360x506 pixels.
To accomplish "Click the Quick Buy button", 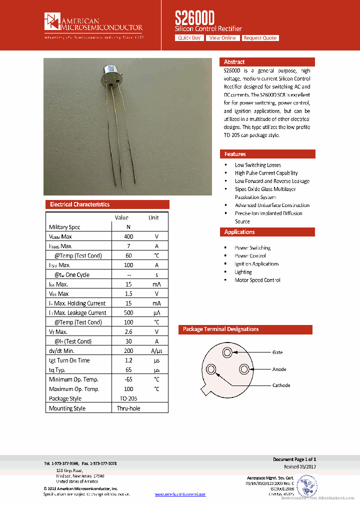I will click(189, 38).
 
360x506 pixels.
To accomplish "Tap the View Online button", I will click(222, 38).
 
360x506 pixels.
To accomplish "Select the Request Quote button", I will click(260, 38).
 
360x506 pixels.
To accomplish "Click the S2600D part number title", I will click(195, 18).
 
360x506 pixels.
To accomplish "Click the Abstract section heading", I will click(234, 62).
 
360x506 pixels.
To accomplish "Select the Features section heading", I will click(235, 154).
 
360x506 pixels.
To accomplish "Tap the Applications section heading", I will click(239, 232).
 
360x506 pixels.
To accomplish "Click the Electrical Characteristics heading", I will click(79, 204).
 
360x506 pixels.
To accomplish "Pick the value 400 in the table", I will click(128, 236).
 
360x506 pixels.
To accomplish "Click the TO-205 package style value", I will click(128, 398).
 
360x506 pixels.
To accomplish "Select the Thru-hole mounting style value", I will click(128, 408).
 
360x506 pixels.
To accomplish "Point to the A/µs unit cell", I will click(156, 351).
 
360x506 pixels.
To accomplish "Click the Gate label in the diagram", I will click(277, 352).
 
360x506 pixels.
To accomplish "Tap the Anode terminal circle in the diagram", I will click(244, 369).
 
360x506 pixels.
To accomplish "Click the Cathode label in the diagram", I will click(281, 385).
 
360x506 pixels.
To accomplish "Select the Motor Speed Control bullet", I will click(257, 280).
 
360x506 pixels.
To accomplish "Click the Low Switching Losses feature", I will click(258, 165).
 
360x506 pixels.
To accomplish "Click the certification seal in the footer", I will click(306, 484).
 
